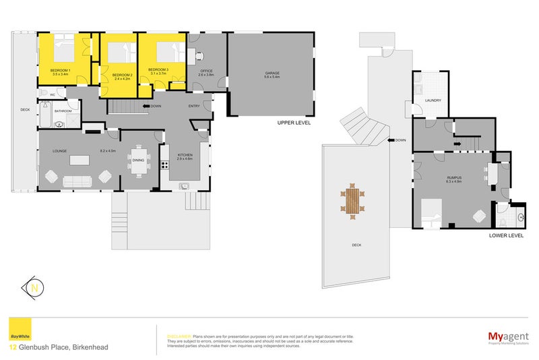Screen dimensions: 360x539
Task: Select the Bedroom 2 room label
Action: (121, 75)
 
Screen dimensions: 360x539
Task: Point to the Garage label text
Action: (272, 73)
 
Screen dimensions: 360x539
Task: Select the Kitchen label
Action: (185, 156)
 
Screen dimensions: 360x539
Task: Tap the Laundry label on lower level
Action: (433, 100)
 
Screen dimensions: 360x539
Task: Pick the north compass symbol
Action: (33, 288)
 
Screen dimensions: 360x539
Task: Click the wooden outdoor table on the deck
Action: (352, 200)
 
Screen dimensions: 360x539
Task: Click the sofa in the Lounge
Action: (75, 180)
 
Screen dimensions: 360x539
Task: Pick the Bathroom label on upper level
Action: (63, 111)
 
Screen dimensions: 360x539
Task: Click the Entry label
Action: (194, 106)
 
